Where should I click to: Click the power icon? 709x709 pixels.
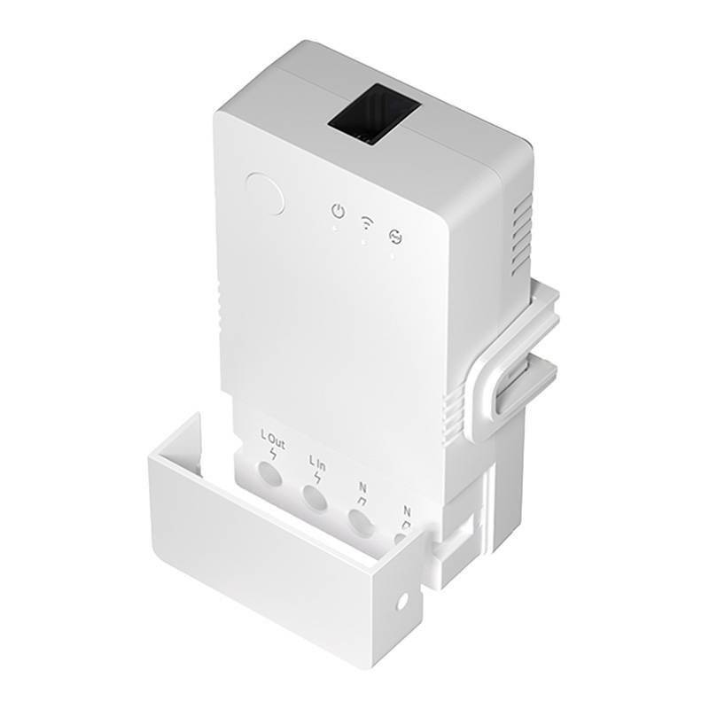337,211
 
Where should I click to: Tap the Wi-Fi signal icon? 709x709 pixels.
365,222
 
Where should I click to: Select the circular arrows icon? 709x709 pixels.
394,235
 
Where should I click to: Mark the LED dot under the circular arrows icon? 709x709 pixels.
393,254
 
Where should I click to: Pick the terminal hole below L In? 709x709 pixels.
315,498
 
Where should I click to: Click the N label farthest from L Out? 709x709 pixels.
407,511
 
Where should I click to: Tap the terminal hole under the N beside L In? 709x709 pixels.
360,523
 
